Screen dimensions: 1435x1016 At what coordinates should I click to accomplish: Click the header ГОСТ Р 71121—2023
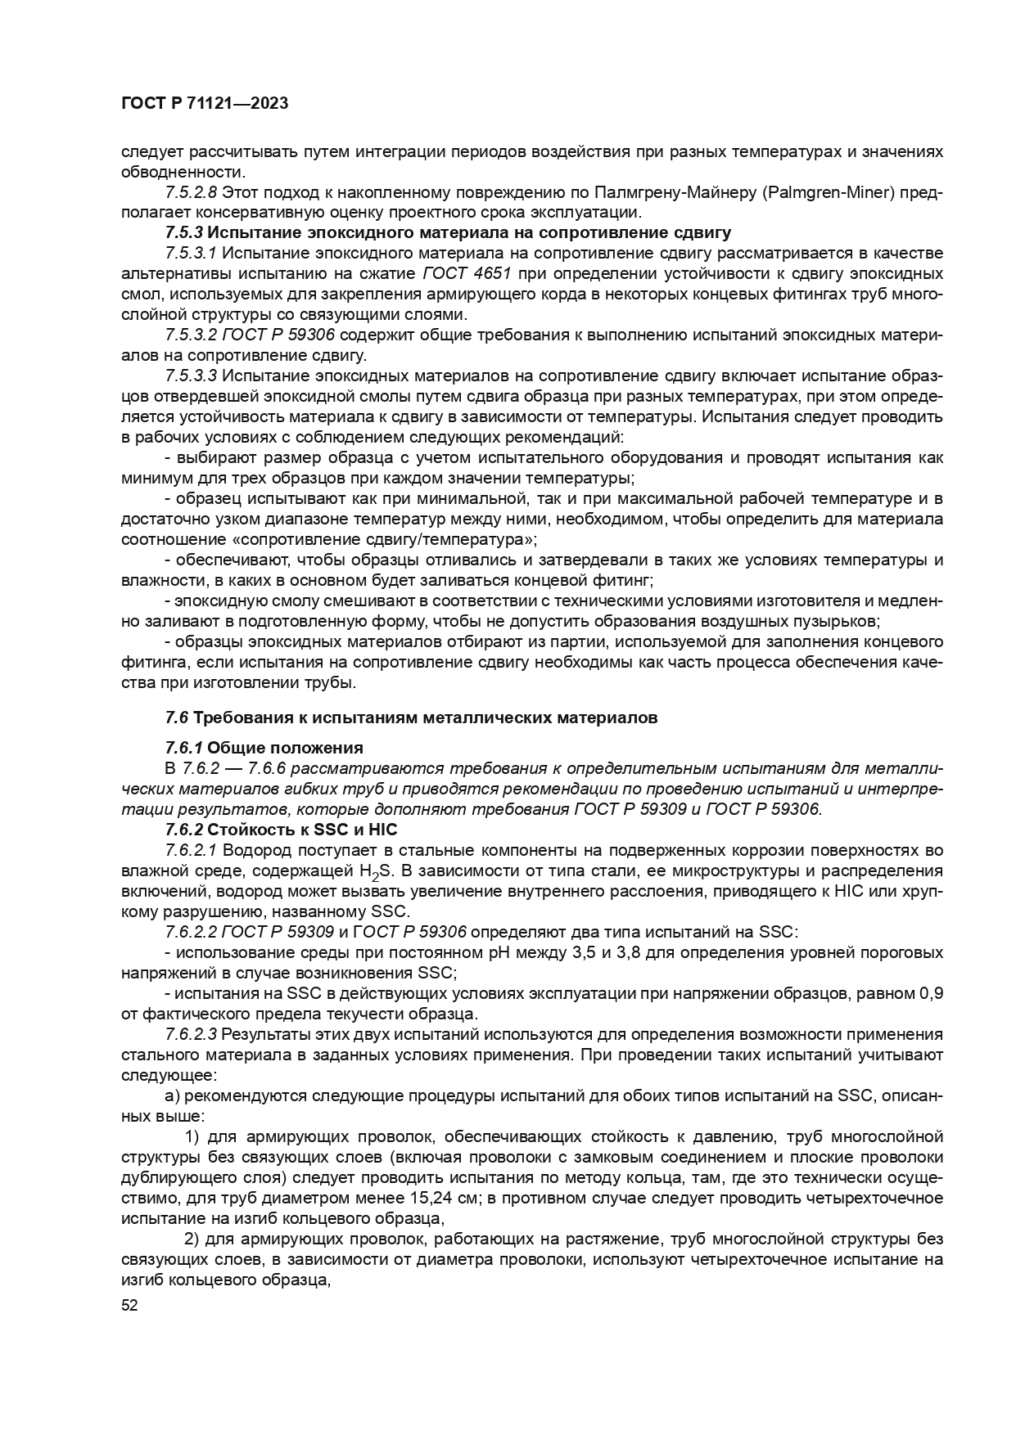click(205, 104)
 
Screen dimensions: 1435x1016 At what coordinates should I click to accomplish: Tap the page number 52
click(129, 1306)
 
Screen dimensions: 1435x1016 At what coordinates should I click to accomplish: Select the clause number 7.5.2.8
click(191, 192)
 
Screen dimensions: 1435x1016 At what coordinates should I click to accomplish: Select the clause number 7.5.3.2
click(191, 335)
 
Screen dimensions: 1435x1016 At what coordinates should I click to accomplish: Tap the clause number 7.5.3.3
click(191, 376)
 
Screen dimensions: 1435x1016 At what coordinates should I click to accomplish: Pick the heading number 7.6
click(177, 717)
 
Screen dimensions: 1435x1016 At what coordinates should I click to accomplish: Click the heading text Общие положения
click(284, 748)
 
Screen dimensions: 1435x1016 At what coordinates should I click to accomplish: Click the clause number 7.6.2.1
click(191, 850)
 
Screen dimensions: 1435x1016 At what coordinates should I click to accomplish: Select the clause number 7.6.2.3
click(191, 1034)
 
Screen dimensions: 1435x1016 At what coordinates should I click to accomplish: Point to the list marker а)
click(172, 1095)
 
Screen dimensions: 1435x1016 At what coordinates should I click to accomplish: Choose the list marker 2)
click(193, 1239)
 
